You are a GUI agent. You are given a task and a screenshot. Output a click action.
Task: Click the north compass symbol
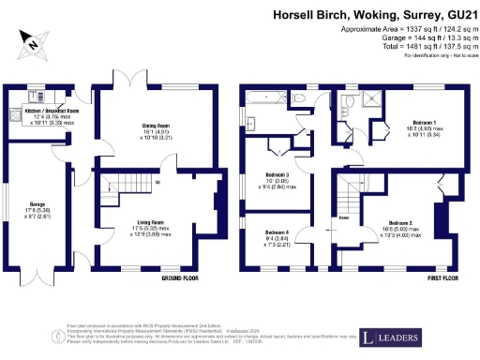pyautogui.click(x=33, y=42)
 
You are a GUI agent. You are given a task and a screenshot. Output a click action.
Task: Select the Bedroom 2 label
pyautogui.click(x=413, y=226)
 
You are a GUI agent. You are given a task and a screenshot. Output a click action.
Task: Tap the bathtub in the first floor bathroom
pyautogui.click(x=266, y=97)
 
